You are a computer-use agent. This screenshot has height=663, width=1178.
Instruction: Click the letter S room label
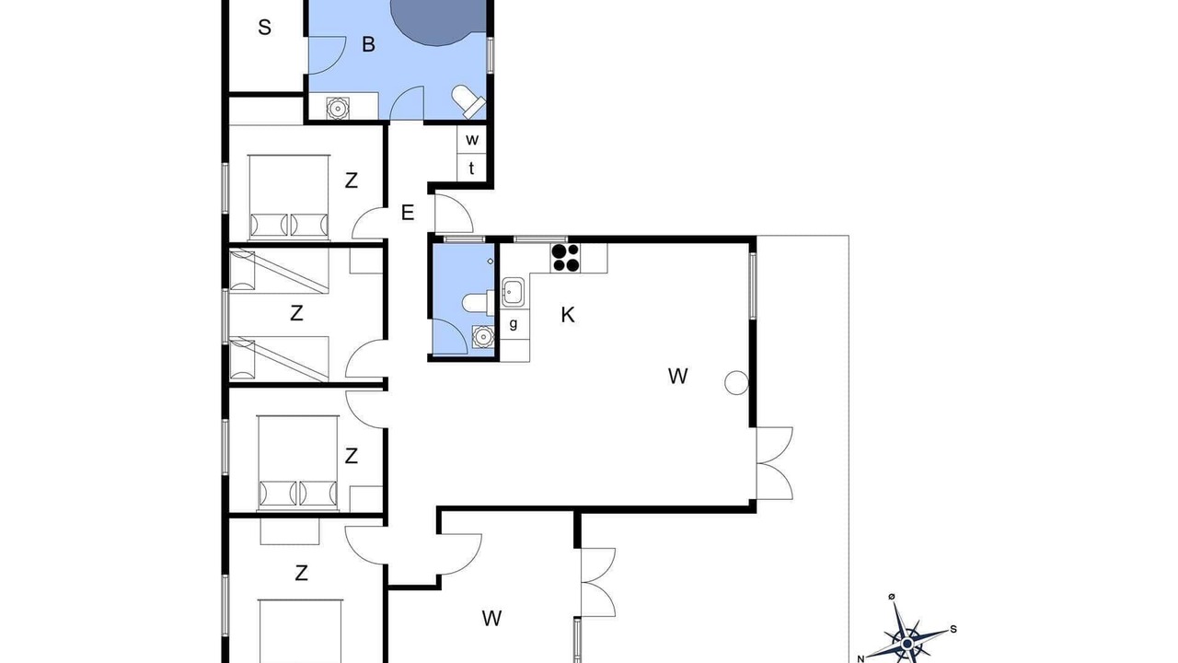point(264,28)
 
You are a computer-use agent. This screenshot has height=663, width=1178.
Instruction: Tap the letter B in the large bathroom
point(369,45)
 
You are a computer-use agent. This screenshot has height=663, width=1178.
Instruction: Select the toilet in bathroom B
point(468,101)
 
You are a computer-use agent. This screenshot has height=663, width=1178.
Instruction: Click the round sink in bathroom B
point(337,108)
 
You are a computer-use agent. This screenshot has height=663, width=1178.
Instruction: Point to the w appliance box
point(472,139)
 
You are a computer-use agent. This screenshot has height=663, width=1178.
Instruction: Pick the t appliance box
point(472,169)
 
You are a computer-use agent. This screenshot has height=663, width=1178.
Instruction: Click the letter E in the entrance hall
point(408,213)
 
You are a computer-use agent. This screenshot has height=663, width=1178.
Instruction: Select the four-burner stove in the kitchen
point(565,258)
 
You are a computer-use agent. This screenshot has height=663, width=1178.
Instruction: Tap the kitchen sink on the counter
point(512,292)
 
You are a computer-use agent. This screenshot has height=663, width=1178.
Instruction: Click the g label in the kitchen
point(514,323)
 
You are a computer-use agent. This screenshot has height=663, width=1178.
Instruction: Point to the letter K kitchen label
point(568,315)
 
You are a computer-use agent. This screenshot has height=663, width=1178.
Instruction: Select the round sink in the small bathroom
point(483,337)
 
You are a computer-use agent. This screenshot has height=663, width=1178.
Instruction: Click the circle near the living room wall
point(736,382)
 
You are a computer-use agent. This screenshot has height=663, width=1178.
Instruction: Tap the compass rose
point(908,635)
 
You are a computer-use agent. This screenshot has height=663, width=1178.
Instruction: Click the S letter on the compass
point(953,629)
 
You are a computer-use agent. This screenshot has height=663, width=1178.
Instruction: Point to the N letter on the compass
point(860,658)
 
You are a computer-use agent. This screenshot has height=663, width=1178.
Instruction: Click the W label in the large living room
point(678,377)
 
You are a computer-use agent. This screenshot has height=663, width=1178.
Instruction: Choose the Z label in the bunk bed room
point(296,314)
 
